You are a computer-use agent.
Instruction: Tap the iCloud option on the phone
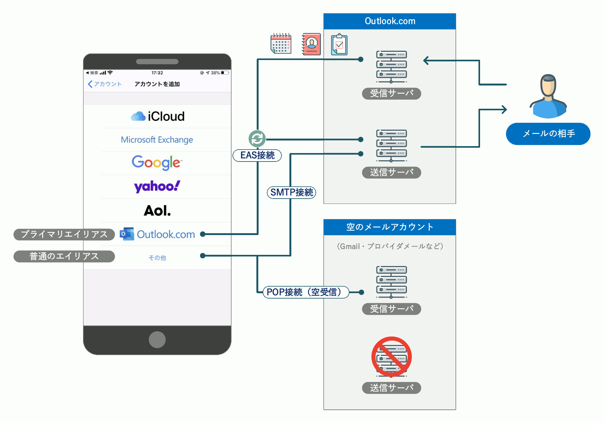pos(158,116)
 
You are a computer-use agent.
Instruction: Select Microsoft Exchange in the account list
pos(157,140)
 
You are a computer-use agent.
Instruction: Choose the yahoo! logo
pos(157,186)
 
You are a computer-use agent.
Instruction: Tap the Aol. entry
pos(157,211)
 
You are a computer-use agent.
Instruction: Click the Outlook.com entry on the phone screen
pos(157,234)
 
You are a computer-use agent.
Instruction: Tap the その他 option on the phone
pos(157,258)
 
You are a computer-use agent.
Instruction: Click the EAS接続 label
pos(257,155)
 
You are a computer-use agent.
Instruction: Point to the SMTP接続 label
pos(291,192)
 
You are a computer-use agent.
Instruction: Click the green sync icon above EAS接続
pos(257,139)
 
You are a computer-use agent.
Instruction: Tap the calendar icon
pos(281,43)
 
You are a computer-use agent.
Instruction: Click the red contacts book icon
pos(311,44)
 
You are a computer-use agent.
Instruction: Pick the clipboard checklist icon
pos(339,44)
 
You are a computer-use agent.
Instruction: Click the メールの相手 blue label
pos(548,134)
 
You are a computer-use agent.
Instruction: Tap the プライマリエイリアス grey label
pos(64,234)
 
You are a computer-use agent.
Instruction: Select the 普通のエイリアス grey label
pos(64,256)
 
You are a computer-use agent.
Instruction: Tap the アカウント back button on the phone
pos(104,84)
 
